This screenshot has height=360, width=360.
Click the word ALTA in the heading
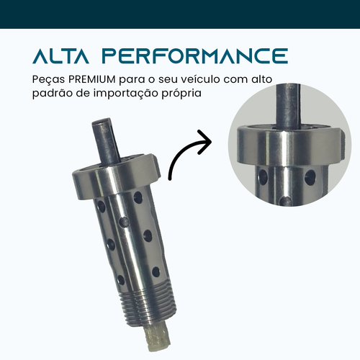click(x=60, y=56)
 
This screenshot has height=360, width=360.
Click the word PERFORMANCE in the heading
click(x=195, y=56)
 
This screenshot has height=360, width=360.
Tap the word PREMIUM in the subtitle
click(x=92, y=79)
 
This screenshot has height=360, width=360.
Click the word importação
click(x=126, y=94)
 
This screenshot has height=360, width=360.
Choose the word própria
click(x=181, y=94)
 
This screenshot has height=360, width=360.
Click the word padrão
click(x=53, y=94)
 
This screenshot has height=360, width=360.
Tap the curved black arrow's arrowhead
click(x=204, y=142)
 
